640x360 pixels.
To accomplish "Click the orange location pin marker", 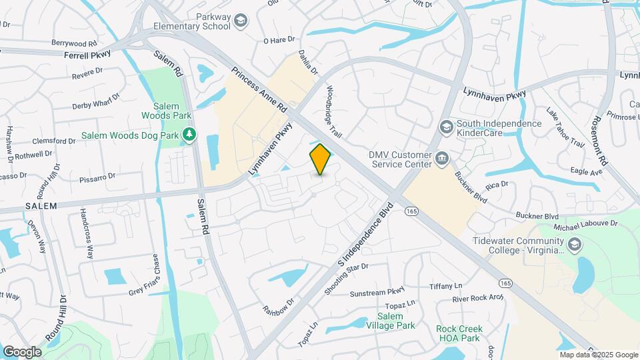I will (x=320, y=159).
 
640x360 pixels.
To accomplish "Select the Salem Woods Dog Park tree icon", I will (x=191, y=135).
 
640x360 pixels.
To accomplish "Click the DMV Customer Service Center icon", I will (x=441, y=158).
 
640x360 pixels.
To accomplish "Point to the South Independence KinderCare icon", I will (x=445, y=127).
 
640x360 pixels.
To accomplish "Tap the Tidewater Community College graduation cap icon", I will (x=574, y=246).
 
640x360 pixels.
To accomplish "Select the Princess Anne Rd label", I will (x=259, y=89).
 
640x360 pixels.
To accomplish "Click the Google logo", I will (x=22, y=351).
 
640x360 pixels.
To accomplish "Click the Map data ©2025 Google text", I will (x=599, y=355).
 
